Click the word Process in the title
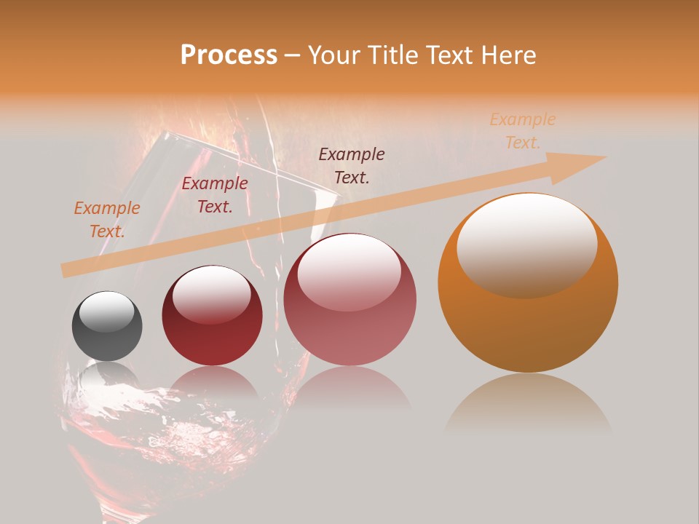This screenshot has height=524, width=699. point(229,55)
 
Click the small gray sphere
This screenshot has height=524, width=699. point(107,326)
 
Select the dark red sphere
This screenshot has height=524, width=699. point(211,316)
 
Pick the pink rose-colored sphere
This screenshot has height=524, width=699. point(350,300)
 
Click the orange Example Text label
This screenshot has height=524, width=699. point(107,219)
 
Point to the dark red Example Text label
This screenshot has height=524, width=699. point(215,194)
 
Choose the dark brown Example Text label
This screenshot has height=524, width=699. point(352,165)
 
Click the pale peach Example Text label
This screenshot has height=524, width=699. point(523,130)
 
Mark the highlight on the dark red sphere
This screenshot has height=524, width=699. point(211,293)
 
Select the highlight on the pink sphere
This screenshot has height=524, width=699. point(349,271)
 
